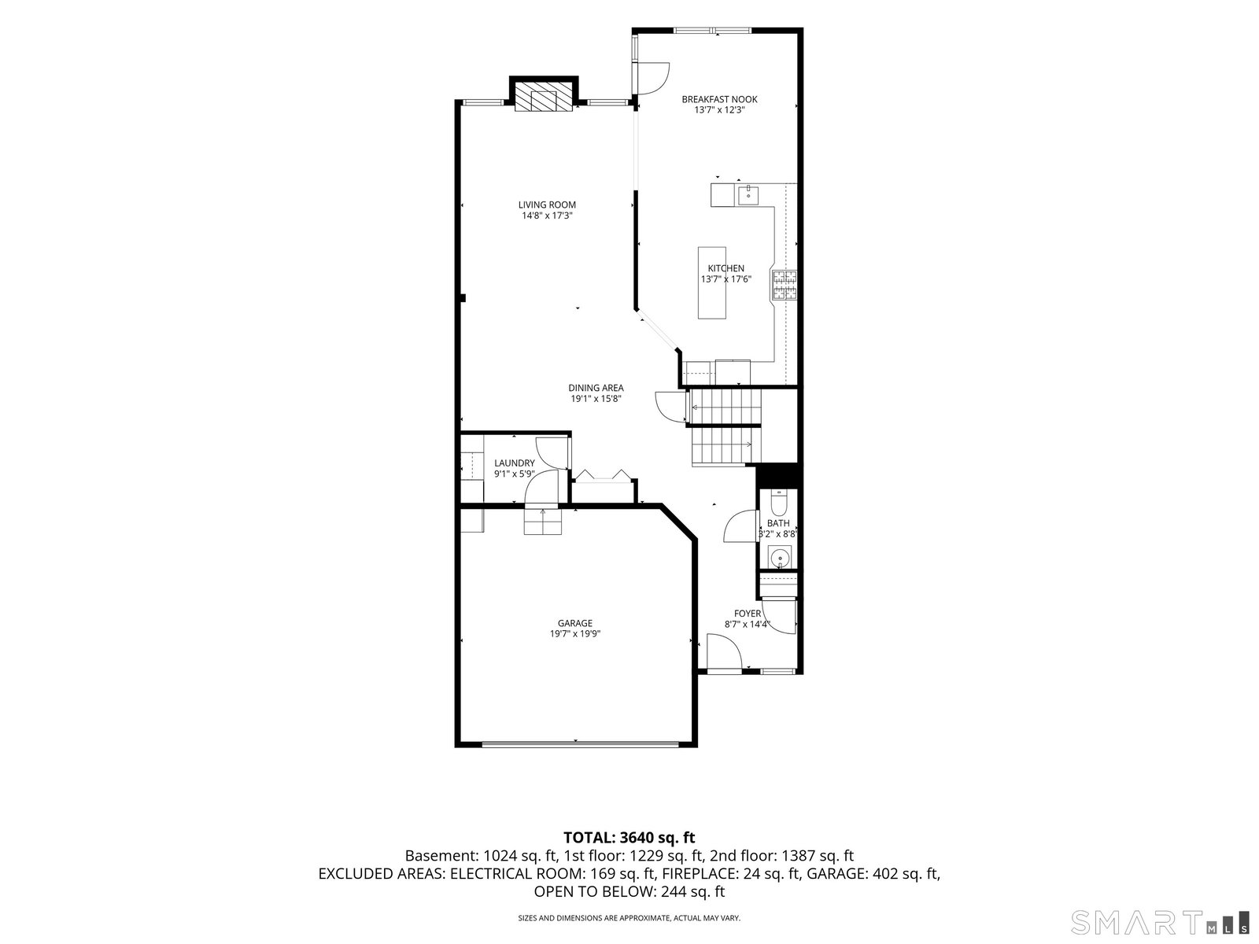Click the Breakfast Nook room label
[x=719, y=99]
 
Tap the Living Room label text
[x=547, y=205]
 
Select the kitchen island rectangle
[x=712, y=282]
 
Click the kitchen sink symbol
[x=748, y=195]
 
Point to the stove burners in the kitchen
[x=784, y=286]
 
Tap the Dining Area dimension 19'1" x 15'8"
[x=596, y=399]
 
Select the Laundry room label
[x=515, y=463]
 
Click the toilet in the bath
[x=779, y=503]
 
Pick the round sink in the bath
[x=780, y=557]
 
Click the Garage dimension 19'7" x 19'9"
[x=575, y=634]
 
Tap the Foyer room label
[x=748, y=614]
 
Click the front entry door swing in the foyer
[x=724, y=651]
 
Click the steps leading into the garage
[x=543, y=522]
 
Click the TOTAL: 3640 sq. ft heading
[x=629, y=838]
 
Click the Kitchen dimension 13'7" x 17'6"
[x=726, y=279]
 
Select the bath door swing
[x=740, y=526]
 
